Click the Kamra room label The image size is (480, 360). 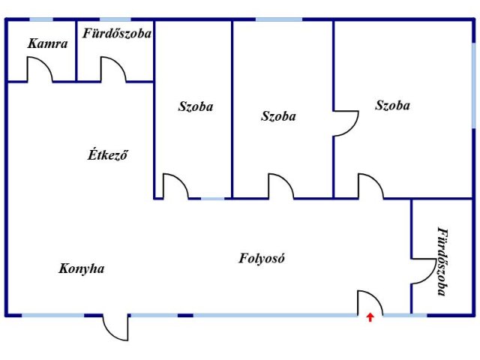point(48,43)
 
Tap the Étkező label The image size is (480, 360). point(107,154)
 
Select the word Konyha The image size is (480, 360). point(82,268)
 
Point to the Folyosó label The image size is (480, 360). point(262,258)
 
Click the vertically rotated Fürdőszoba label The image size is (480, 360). point(443,262)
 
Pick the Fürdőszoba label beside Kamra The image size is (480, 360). point(117,33)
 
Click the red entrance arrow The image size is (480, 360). point(370,317)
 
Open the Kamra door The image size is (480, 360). point(40,70)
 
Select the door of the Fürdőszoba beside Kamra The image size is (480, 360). point(113,70)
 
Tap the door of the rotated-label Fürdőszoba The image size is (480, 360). point(423,271)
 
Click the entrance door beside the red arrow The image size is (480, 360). point(370,303)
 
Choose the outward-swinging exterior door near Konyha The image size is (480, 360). point(115,327)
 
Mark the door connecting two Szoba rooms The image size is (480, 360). point(346,123)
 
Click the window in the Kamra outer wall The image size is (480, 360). point(41,19)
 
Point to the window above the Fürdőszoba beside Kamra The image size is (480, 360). point(115,19)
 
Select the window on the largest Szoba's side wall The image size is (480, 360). point(473,85)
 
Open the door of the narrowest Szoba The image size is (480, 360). point(175,187)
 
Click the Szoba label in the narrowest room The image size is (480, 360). point(196,106)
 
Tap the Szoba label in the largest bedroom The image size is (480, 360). point(393,105)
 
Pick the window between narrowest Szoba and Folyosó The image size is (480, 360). point(212,199)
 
